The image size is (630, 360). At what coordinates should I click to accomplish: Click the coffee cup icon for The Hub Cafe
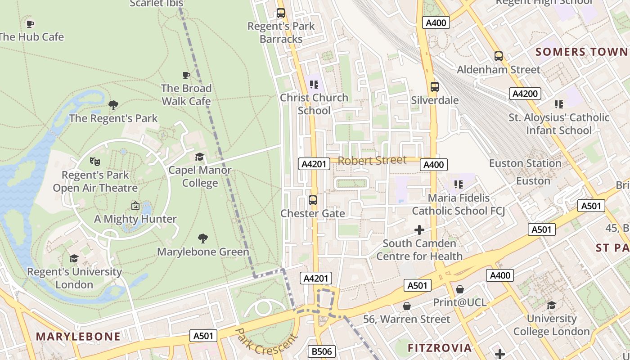click(x=30, y=24)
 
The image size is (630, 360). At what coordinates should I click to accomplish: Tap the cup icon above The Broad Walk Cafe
click(x=186, y=75)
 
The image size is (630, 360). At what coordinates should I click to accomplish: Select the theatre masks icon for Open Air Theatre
click(x=94, y=161)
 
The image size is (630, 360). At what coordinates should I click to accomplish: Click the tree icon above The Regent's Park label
click(x=113, y=105)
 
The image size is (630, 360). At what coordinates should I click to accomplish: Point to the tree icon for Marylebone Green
click(x=203, y=238)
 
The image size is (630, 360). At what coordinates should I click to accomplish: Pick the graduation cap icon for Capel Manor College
click(x=199, y=157)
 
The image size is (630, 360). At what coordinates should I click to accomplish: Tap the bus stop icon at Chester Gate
click(x=313, y=200)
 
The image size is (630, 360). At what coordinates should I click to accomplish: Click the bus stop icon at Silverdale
click(x=434, y=87)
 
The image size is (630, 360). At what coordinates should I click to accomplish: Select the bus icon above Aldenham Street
click(x=499, y=56)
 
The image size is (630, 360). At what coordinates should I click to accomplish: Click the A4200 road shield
click(x=525, y=94)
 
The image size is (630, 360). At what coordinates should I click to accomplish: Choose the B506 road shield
click(x=322, y=351)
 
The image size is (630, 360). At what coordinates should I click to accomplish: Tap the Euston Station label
click(x=525, y=163)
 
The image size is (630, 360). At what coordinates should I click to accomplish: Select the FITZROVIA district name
click(x=440, y=348)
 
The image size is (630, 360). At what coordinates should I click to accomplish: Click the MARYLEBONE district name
click(x=78, y=337)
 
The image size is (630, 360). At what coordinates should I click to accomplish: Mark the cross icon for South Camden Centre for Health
click(x=419, y=230)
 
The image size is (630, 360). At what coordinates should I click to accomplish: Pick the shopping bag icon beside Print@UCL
click(x=459, y=289)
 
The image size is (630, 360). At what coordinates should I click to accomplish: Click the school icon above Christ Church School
click(x=314, y=84)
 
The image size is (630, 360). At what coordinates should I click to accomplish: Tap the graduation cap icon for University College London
click(x=551, y=306)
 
